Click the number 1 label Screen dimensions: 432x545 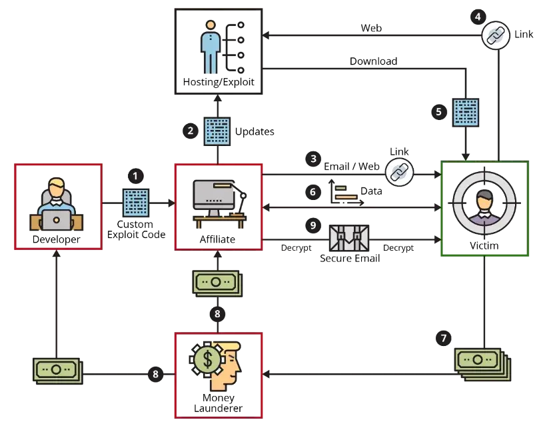(x=135, y=176)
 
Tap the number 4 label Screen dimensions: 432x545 (x=478, y=16)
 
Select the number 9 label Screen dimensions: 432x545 (x=312, y=226)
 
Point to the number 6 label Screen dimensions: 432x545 (x=312, y=192)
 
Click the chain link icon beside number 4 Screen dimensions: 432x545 (x=495, y=36)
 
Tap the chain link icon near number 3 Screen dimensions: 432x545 (x=399, y=173)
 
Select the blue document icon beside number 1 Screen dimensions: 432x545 (x=136, y=203)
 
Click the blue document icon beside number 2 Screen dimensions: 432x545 (x=217, y=131)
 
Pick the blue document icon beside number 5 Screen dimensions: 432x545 (x=466, y=112)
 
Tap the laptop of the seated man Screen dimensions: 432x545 (x=56, y=219)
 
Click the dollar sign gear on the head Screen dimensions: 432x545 (x=208, y=359)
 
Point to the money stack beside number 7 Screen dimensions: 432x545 (x=481, y=365)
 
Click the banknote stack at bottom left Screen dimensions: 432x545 (x=58, y=371)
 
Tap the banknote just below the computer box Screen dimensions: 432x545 (x=217, y=283)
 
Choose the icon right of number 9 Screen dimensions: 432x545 (x=350, y=239)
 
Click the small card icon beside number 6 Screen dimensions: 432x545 (x=346, y=194)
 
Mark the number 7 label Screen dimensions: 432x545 (x=444, y=339)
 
